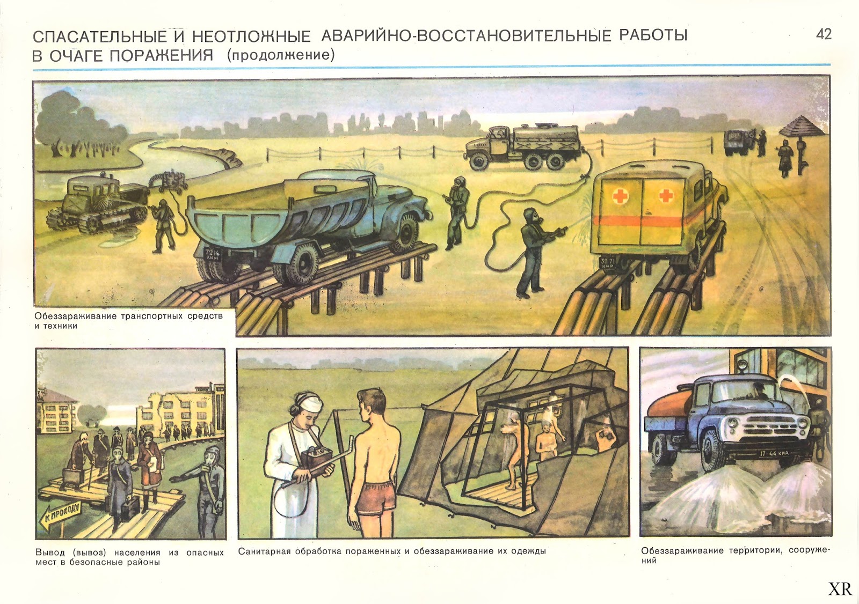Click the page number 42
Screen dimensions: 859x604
click(x=824, y=34)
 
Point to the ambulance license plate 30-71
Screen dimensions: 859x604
click(x=607, y=263)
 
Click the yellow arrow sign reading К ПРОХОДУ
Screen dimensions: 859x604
click(x=61, y=518)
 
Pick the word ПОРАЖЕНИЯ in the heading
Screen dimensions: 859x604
click(x=162, y=56)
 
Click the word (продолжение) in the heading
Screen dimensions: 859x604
click(x=281, y=56)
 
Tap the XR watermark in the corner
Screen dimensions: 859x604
click(x=840, y=589)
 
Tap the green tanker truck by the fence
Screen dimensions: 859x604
click(x=523, y=147)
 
